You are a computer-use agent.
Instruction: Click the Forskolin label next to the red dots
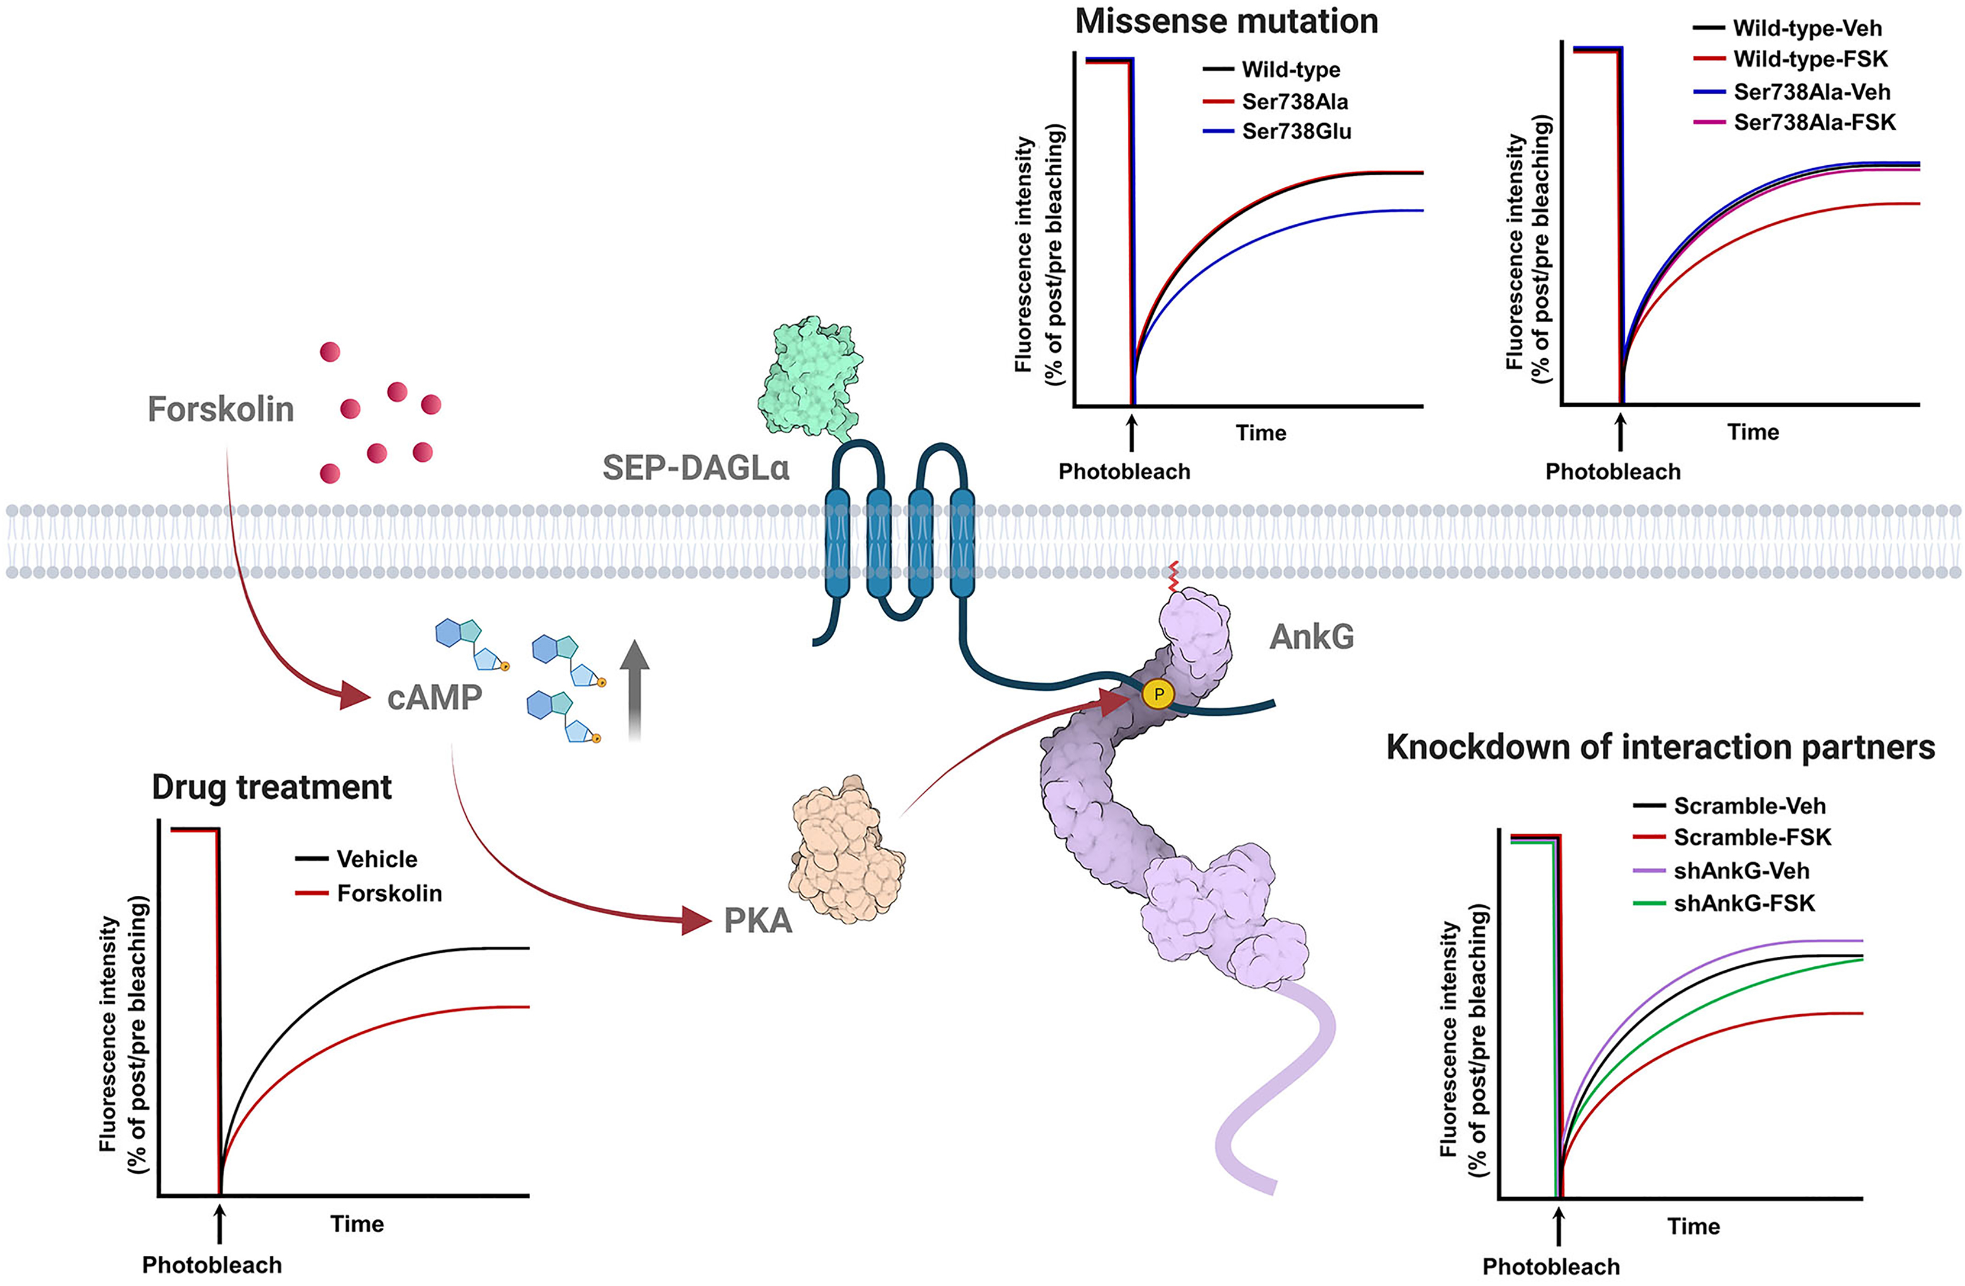pos(221,409)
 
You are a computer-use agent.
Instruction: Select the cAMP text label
pos(434,698)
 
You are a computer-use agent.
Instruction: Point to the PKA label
pos(757,921)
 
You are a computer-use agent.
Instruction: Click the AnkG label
pos(1311,637)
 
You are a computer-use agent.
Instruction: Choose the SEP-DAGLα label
pos(695,468)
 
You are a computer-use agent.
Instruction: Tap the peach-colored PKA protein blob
pos(846,851)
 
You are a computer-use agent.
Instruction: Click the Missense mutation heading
pos(1226,21)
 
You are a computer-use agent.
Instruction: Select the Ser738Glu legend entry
pos(1296,131)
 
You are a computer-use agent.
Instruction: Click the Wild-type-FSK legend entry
pos(1810,59)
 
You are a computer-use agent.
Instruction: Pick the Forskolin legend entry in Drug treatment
pos(389,893)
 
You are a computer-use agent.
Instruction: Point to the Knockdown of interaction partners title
pos(1660,747)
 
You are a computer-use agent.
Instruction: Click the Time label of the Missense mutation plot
pos(1261,433)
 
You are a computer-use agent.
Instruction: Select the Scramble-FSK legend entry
pos(1752,838)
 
